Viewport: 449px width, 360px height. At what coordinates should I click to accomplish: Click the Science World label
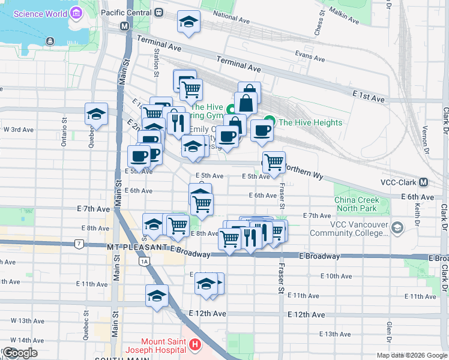click(x=39, y=13)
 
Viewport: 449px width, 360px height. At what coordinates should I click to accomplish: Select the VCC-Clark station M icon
click(x=424, y=182)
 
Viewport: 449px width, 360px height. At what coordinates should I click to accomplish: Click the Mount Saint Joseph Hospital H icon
click(x=194, y=345)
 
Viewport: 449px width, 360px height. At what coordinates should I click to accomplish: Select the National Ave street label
click(x=231, y=19)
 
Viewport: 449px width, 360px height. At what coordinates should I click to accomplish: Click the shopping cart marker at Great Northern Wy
click(x=274, y=161)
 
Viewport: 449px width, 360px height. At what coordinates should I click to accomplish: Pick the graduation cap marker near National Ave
click(x=188, y=23)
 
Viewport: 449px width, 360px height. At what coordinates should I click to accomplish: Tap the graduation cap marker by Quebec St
click(x=96, y=114)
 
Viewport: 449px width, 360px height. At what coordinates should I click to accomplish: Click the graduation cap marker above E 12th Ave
click(x=156, y=295)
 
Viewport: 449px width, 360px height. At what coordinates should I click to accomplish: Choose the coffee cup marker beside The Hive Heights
click(x=261, y=131)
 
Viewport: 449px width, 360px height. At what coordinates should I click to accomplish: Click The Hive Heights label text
click(x=310, y=122)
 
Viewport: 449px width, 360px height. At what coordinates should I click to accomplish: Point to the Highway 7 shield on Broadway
click(x=79, y=244)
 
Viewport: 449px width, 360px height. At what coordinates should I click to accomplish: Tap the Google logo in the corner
click(x=19, y=353)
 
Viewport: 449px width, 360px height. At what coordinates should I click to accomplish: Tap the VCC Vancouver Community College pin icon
click(x=397, y=228)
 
